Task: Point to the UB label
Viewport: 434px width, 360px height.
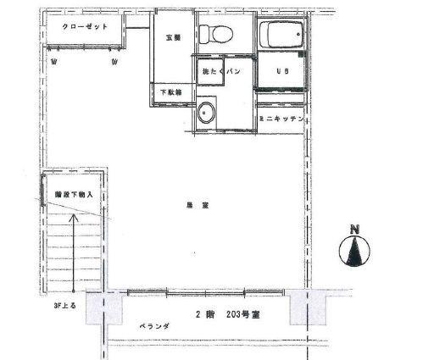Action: point(281,72)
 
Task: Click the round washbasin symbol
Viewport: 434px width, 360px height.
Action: point(207,113)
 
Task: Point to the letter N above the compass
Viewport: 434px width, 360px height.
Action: point(356,228)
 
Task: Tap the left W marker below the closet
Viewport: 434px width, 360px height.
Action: point(54,62)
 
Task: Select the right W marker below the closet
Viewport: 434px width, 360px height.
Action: point(115,62)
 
